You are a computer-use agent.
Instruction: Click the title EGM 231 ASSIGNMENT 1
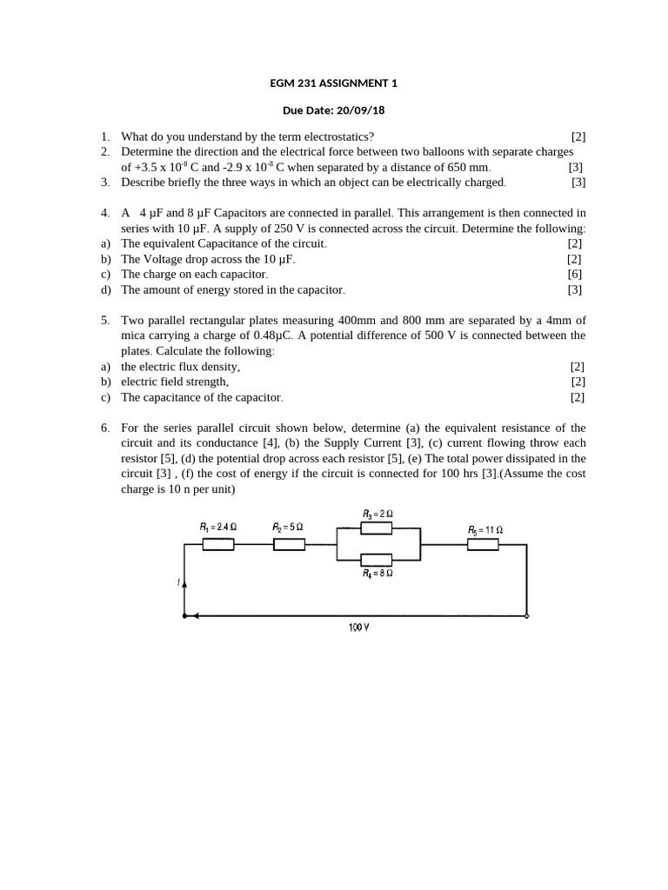click(334, 83)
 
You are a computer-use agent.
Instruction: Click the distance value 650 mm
click(466, 167)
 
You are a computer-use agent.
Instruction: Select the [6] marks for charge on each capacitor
click(574, 275)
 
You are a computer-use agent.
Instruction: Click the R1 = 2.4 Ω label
click(218, 528)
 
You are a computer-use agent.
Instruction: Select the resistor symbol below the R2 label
click(289, 545)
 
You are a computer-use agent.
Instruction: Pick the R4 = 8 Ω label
click(377, 574)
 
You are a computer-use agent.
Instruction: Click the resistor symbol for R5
click(483, 545)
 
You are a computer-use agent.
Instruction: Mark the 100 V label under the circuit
click(358, 628)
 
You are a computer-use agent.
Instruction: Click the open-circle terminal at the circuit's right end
click(527, 615)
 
